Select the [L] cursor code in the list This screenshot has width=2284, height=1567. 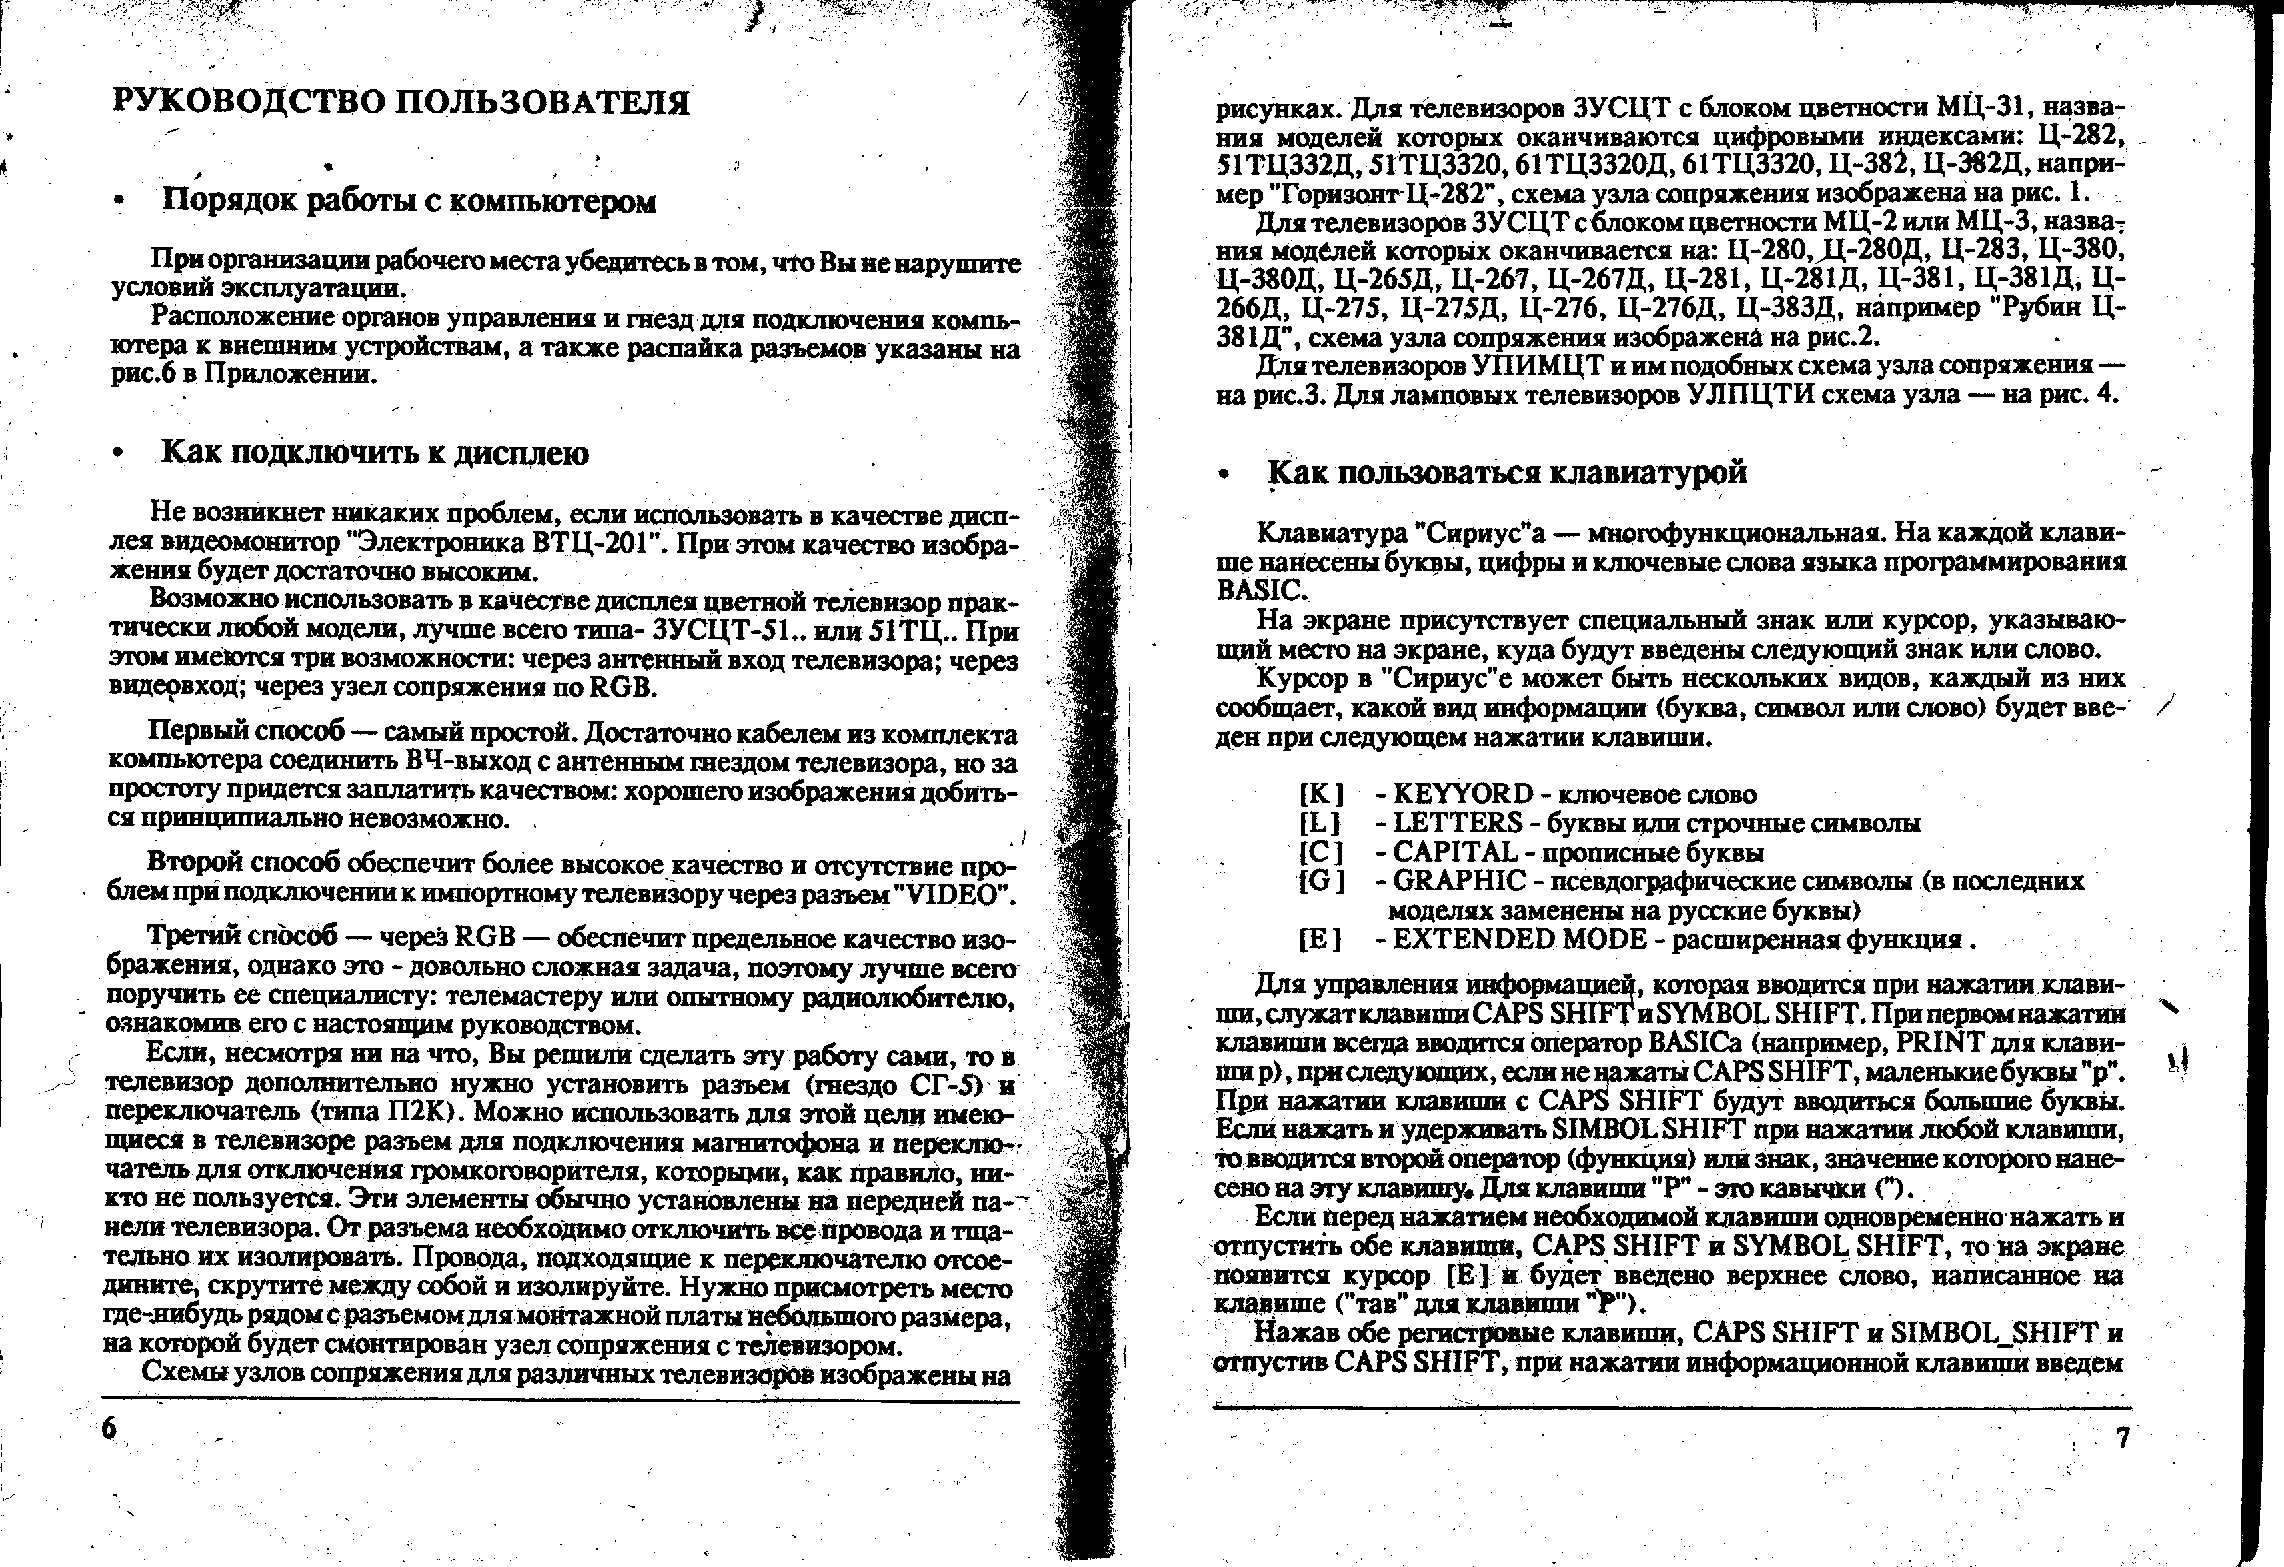click(1320, 822)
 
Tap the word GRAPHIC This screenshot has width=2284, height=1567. click(1460, 880)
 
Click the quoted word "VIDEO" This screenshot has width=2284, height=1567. click(950, 895)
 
